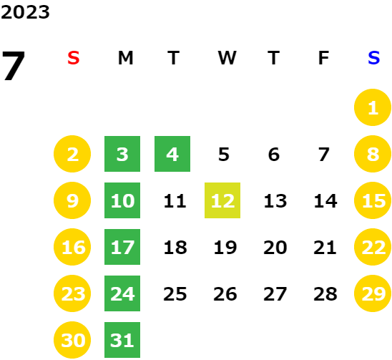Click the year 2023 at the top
(x=25, y=12)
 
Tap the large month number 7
(x=14, y=65)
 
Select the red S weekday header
(x=74, y=58)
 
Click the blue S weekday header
(x=373, y=58)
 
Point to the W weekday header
(x=227, y=58)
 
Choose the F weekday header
(x=323, y=58)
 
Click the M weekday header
(x=125, y=58)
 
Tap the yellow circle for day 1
(x=373, y=107)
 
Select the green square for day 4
(x=172, y=154)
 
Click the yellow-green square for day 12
(x=222, y=200)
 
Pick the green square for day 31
(x=122, y=340)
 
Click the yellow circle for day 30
(x=72, y=340)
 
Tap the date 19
(x=225, y=248)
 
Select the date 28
(x=325, y=294)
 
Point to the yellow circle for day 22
(x=373, y=247)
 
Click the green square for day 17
(x=122, y=247)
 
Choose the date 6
(x=274, y=155)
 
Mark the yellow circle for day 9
(x=72, y=200)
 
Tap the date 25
(x=175, y=294)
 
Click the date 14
(x=325, y=201)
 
